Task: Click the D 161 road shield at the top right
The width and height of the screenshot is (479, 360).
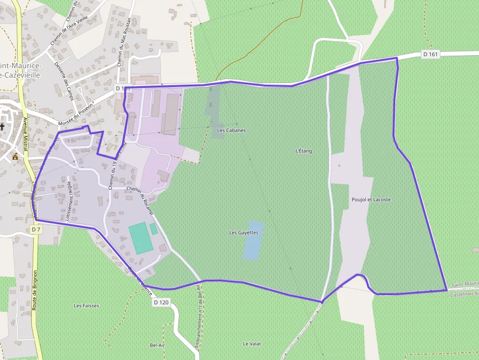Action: point(431,54)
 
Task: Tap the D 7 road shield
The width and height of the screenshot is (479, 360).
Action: point(35,229)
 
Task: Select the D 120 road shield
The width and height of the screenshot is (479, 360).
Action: point(161,302)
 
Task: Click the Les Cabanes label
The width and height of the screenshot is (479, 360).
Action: point(231,130)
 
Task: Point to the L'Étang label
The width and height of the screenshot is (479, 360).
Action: point(304,151)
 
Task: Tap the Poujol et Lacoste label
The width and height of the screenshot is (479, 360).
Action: point(371,200)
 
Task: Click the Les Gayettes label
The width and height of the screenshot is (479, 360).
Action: point(243,233)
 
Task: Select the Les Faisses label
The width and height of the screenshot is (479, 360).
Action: point(87,306)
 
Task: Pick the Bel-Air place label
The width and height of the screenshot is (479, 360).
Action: point(157,345)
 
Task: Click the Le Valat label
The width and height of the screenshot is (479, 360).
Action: point(252,344)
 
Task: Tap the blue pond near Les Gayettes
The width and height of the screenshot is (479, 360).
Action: point(253,240)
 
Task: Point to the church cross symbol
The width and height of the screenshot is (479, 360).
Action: point(2,127)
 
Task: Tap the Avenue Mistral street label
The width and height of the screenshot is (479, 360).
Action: point(25,134)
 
